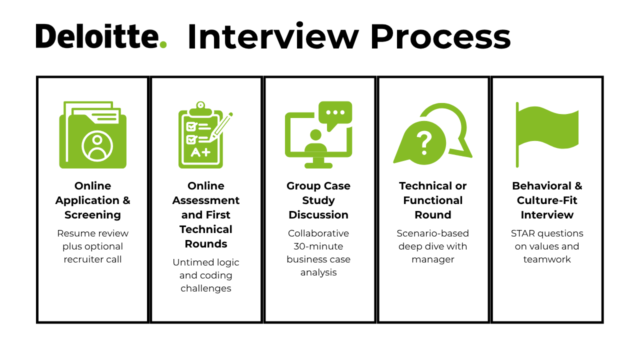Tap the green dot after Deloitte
coord(162,44)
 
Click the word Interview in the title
coord(273,37)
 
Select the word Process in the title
coord(440,37)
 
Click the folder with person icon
coord(93,135)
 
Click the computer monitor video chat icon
coord(318,135)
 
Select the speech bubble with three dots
coord(335,113)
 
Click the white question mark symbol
coord(424,143)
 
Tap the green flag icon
coord(547,134)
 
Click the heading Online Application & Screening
coord(93,200)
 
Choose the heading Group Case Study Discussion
coord(318,200)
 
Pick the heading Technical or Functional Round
coord(433,200)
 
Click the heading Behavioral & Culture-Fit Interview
coord(547,200)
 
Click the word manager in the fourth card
coord(433,259)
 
